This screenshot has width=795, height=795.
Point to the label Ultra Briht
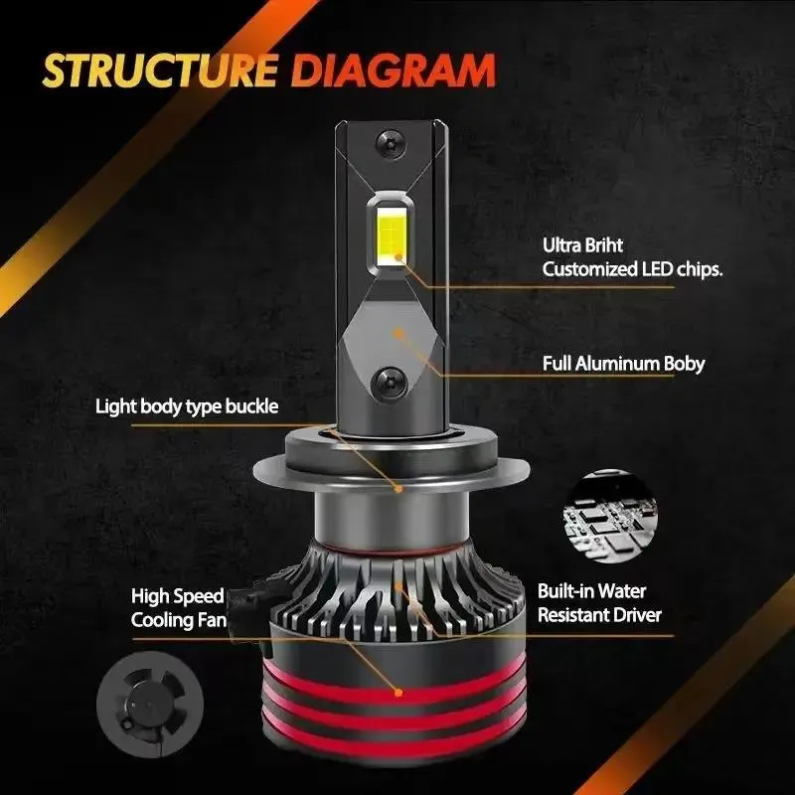tap(582, 245)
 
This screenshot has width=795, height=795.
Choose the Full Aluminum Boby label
tap(623, 364)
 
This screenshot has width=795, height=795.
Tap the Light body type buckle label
tap(187, 405)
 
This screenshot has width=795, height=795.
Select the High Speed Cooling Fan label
tap(179, 608)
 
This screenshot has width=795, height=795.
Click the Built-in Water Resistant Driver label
tap(599, 603)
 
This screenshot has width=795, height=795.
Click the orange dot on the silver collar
tap(398, 488)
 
